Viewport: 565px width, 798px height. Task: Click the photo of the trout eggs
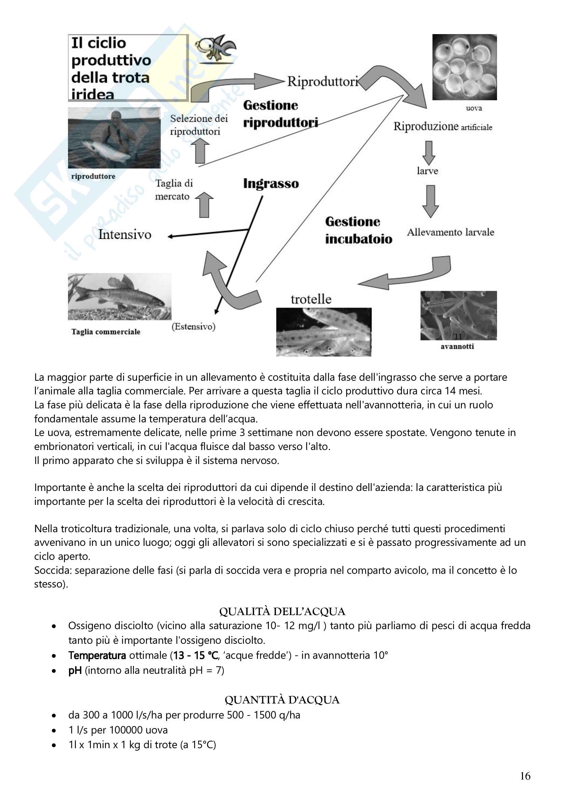tap(464, 67)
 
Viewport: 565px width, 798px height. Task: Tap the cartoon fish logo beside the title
tap(215, 49)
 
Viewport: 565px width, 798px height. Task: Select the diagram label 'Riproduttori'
tap(322, 82)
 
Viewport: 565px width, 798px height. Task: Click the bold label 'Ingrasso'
tap(271, 184)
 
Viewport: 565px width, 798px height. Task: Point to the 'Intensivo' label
tap(125, 235)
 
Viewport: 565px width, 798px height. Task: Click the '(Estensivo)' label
tap(193, 327)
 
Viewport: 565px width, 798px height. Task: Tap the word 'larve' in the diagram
tap(427, 171)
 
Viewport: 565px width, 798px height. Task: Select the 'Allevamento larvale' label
tap(450, 232)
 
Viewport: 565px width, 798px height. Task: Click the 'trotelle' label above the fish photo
tap(311, 299)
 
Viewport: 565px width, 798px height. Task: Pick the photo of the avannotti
tap(458, 315)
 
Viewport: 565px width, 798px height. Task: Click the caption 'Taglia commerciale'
tap(106, 332)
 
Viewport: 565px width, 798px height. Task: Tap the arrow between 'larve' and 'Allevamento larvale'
tap(430, 201)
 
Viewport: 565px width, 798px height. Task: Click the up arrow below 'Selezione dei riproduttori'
tap(201, 151)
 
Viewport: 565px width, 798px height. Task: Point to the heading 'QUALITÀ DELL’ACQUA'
tap(282, 611)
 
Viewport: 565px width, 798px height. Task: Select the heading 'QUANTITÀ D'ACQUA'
tap(282, 700)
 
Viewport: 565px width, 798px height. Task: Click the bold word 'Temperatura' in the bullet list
tap(97, 655)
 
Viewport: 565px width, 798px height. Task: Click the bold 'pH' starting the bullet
tap(75, 670)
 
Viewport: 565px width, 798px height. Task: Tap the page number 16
tap(525, 776)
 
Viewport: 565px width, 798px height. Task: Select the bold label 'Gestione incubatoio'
tap(358, 230)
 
